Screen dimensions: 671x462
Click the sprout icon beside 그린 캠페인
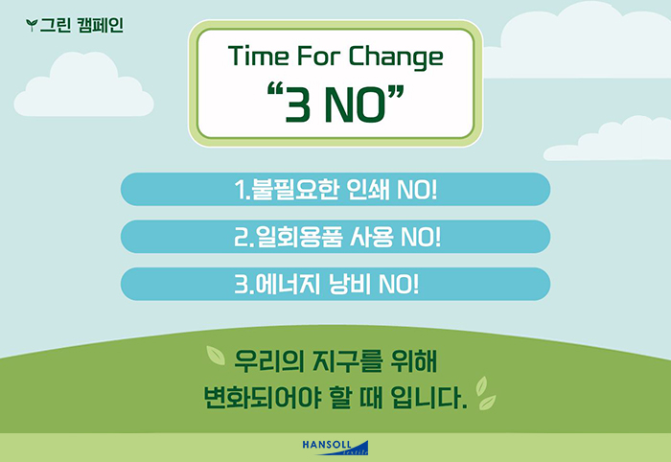click(x=32, y=25)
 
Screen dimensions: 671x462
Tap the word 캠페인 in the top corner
click(x=101, y=25)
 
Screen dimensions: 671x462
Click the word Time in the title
click(x=258, y=56)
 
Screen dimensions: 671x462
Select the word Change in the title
click(x=396, y=57)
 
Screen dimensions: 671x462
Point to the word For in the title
click(x=319, y=56)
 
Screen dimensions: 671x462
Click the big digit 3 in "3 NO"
click(x=297, y=104)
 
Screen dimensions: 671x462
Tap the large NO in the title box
click(x=356, y=104)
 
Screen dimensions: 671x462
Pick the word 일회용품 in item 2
click(x=299, y=237)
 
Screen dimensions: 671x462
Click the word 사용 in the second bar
click(x=372, y=237)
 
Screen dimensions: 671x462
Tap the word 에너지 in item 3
click(x=288, y=284)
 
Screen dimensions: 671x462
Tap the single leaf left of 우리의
click(x=216, y=356)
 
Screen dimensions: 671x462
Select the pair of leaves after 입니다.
click(x=486, y=393)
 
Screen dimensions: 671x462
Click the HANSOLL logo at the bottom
click(x=335, y=448)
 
